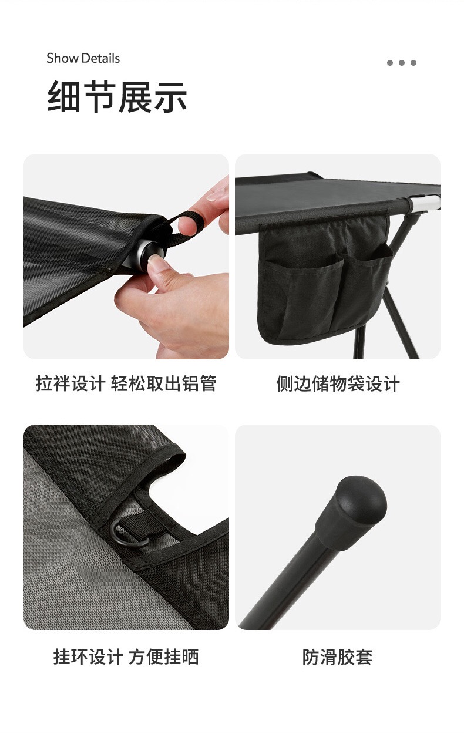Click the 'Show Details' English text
(83, 58)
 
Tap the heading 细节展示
(117, 97)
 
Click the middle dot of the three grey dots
(402, 63)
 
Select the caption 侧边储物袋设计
(338, 383)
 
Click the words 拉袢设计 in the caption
(70, 383)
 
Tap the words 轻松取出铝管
(163, 383)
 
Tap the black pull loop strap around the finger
(183, 226)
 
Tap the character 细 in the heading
(64, 97)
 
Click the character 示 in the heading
(171, 97)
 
